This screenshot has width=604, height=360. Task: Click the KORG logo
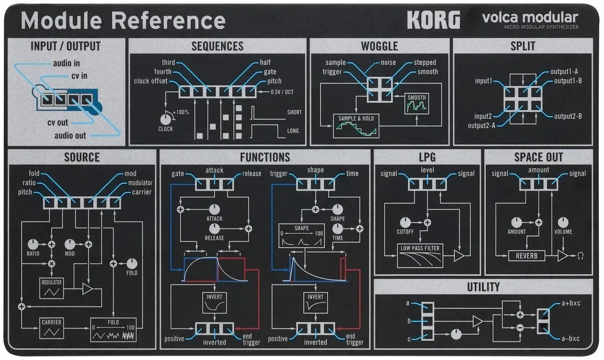point(433,20)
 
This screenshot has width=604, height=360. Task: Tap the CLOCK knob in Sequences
point(165,119)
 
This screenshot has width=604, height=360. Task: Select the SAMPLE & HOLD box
point(356,126)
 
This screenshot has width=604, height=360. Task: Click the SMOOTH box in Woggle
point(417,104)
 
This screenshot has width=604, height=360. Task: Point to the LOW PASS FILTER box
point(420,256)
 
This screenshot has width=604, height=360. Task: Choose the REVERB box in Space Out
point(527,256)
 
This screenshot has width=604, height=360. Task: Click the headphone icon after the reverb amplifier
point(580,256)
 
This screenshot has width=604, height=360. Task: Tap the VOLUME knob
point(563,222)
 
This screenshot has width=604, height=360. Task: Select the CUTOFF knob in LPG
point(405,222)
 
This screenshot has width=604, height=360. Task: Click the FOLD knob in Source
point(132,263)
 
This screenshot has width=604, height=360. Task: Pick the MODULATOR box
point(52,288)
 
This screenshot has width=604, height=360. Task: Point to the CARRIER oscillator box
point(52,328)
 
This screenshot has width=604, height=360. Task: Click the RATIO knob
point(33,244)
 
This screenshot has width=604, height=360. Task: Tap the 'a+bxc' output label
point(571,303)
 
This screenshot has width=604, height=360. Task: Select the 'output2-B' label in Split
point(568,116)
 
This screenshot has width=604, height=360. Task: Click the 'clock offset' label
point(151,81)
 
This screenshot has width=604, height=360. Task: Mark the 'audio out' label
point(70,136)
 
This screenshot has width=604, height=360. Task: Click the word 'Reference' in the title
point(169,20)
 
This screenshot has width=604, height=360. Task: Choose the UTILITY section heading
point(484,287)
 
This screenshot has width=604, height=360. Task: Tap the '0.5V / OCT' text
point(282,92)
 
